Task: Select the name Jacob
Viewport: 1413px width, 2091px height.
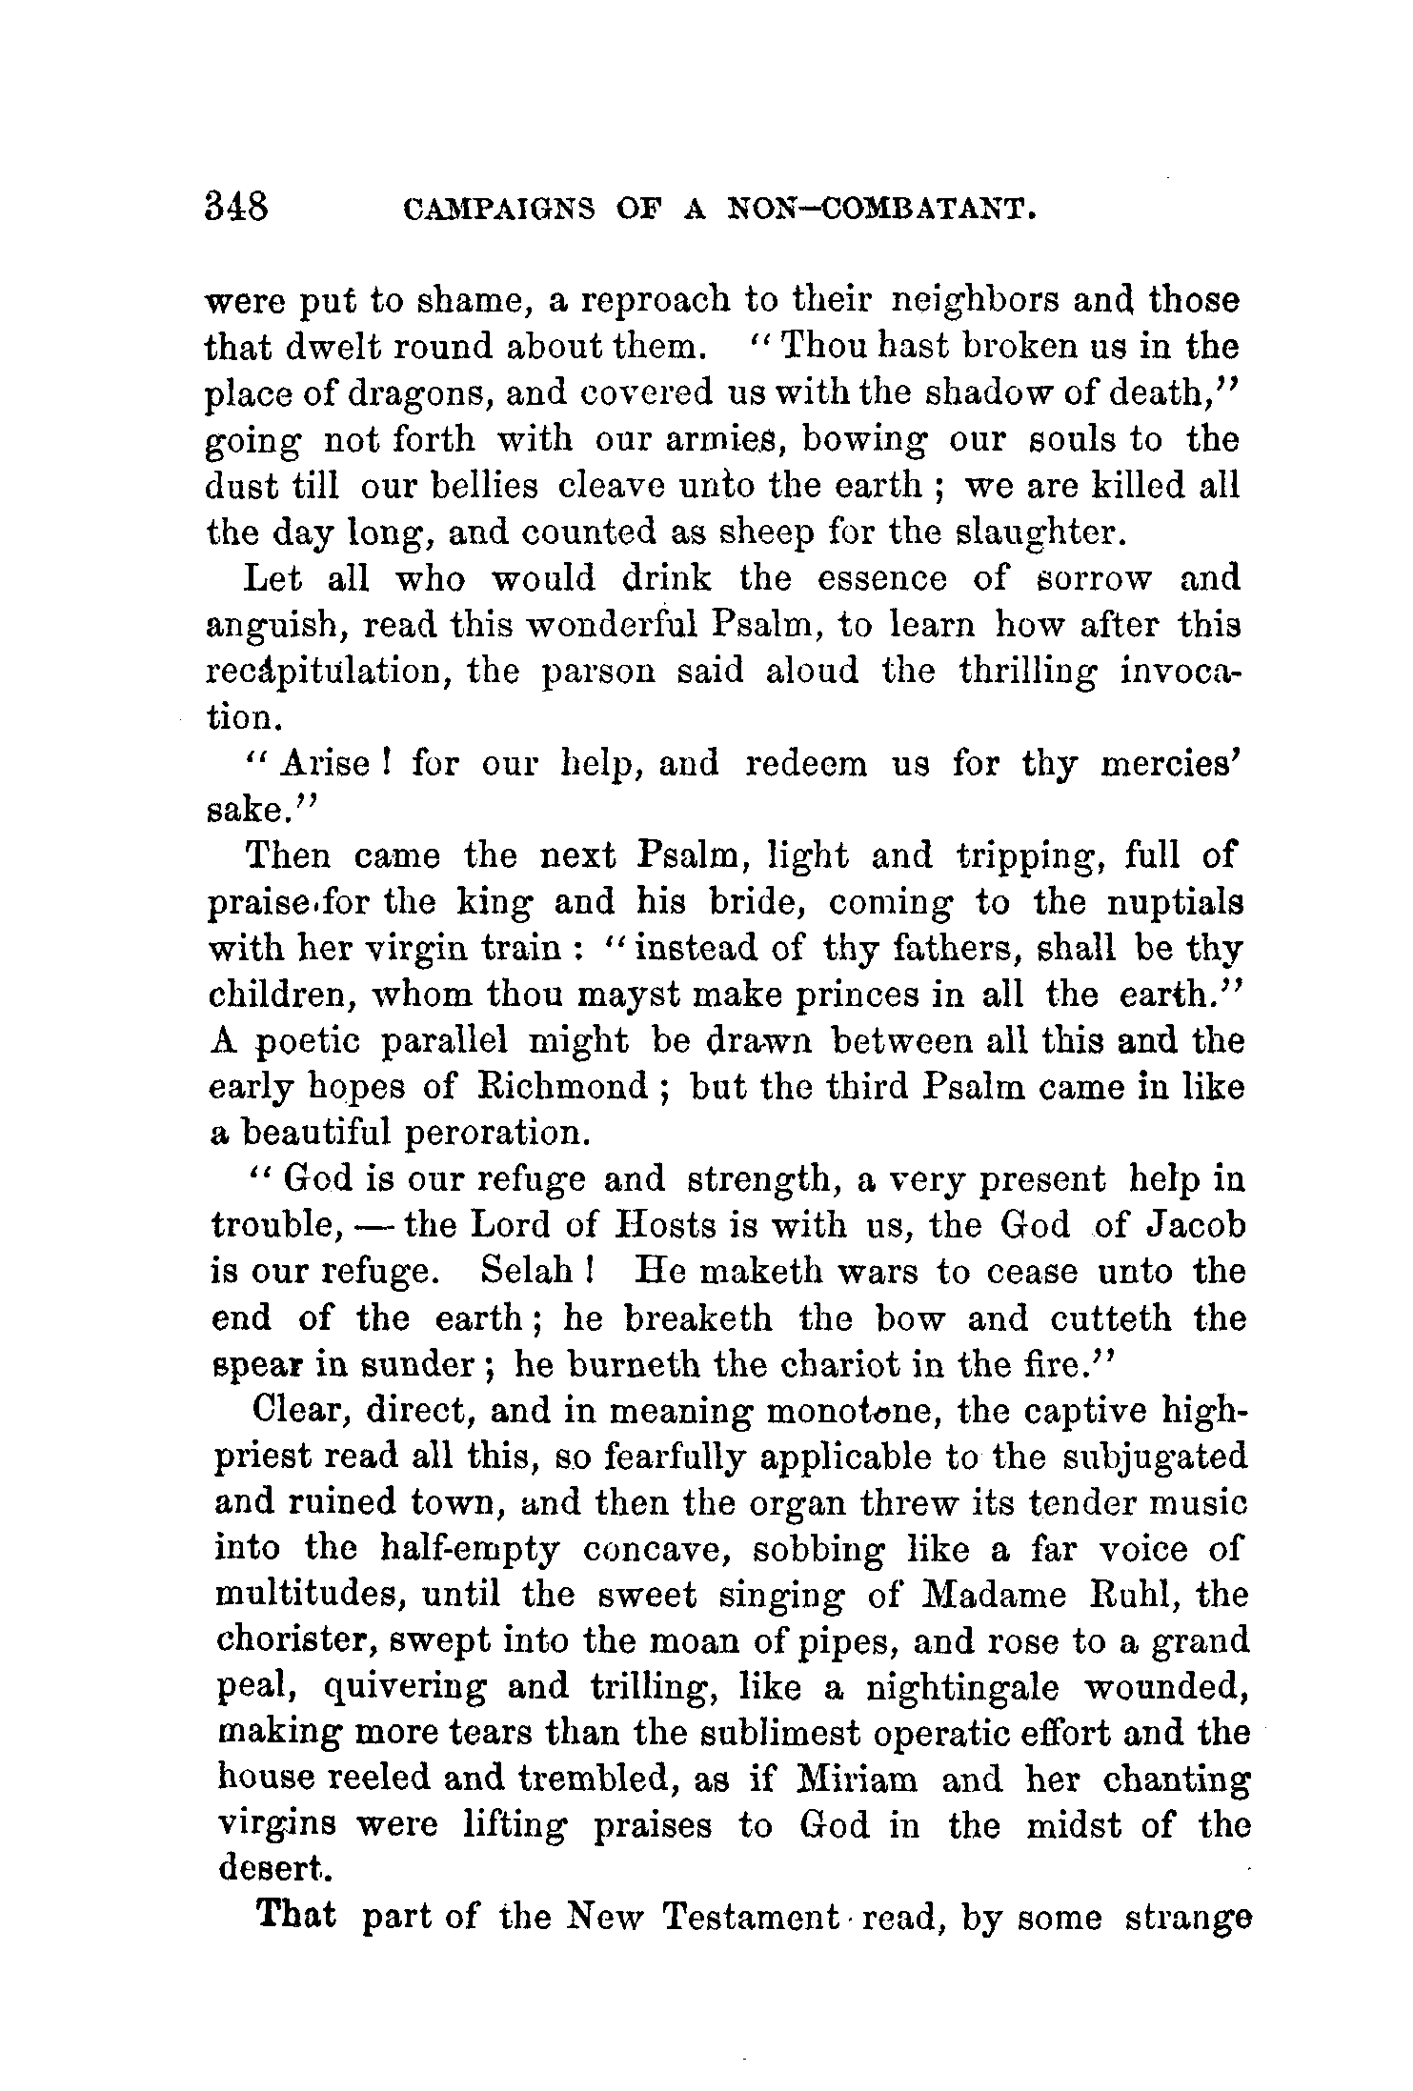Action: (x=1195, y=1225)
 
